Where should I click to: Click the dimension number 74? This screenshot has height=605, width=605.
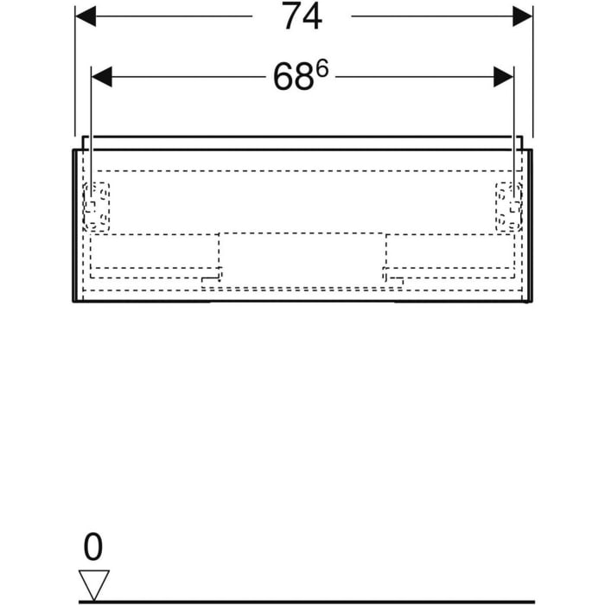[x=301, y=16]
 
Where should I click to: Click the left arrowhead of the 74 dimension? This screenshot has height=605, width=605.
[x=86, y=16]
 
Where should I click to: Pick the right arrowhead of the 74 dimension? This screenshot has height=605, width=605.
[x=522, y=16]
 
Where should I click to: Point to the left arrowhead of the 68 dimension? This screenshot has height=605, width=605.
[x=102, y=77]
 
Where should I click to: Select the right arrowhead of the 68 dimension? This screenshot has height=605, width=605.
[x=504, y=77]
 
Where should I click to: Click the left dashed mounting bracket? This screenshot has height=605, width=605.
[x=97, y=207]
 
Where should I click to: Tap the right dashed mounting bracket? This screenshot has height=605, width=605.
[x=508, y=207]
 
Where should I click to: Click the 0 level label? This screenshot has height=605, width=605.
[x=92, y=547]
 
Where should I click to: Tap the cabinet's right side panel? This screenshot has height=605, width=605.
[x=529, y=226]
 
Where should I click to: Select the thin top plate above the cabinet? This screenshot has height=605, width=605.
[x=302, y=142]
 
